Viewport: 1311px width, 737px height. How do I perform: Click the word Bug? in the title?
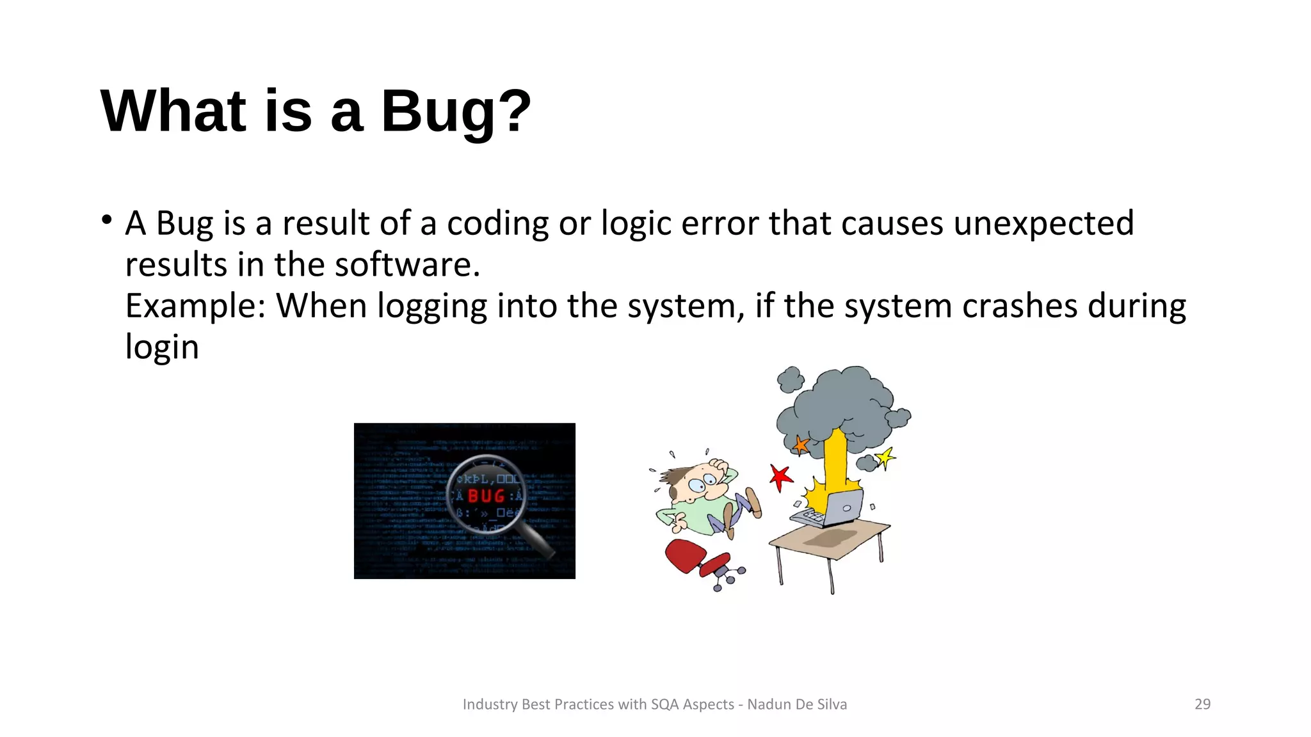click(456, 111)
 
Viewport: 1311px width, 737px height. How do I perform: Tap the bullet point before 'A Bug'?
click(107, 221)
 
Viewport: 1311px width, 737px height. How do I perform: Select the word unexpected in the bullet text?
click(1043, 223)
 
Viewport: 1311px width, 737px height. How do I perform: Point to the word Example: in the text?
click(195, 306)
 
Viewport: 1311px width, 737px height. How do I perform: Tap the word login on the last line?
click(162, 347)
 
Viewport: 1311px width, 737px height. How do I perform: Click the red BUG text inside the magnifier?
click(487, 496)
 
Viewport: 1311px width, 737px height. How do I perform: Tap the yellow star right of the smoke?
click(885, 457)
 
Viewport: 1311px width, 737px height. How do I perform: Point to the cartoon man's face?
click(701, 484)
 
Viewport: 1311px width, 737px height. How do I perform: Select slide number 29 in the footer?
click(1202, 704)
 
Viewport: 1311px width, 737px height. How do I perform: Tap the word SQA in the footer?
click(664, 704)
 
